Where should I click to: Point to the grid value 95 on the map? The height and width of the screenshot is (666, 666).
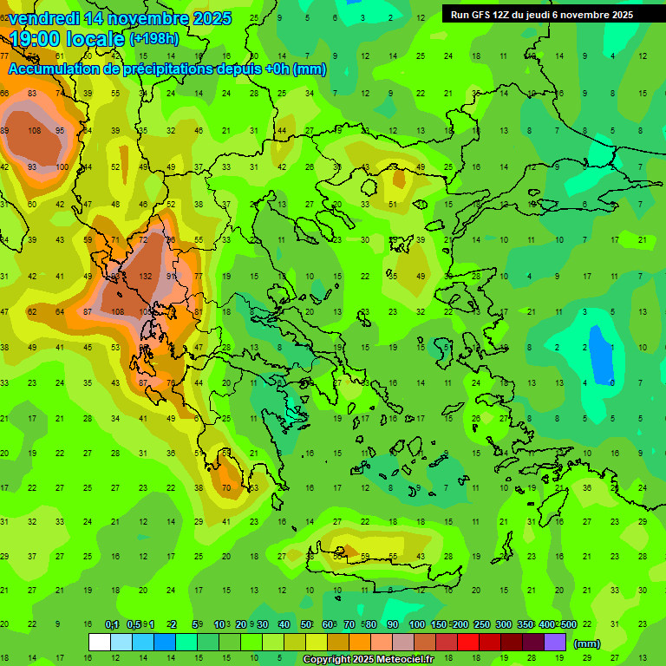click(x=59, y=131)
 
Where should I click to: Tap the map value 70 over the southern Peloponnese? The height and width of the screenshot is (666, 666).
click(x=226, y=488)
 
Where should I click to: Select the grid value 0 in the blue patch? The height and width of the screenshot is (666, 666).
click(x=613, y=382)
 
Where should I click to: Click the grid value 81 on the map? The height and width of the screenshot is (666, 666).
click(x=198, y=311)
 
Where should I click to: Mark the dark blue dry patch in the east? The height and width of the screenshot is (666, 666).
click(x=598, y=351)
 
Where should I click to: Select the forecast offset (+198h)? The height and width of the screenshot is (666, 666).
click(x=155, y=39)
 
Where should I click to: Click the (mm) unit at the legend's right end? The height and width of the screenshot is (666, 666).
click(x=587, y=643)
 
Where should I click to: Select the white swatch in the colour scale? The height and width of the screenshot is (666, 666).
click(x=100, y=643)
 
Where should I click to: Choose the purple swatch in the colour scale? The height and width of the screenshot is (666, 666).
click(x=555, y=643)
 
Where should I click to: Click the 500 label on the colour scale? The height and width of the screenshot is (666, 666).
click(x=568, y=624)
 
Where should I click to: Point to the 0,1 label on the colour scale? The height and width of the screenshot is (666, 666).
click(x=112, y=624)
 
